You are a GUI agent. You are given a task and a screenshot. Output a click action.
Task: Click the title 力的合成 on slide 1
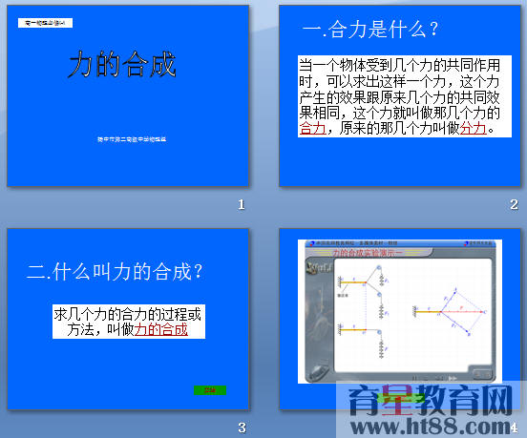(x=122, y=64)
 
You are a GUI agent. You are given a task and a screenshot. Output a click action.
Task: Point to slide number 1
(x=242, y=204)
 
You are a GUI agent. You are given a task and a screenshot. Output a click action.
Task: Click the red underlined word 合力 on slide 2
(x=313, y=129)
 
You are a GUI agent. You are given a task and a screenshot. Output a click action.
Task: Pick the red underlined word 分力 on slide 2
(x=474, y=129)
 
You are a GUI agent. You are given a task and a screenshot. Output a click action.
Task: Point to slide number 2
(x=514, y=204)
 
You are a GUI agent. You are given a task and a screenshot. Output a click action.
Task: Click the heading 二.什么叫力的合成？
(x=115, y=271)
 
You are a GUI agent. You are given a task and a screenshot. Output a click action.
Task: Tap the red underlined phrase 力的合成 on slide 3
(x=160, y=329)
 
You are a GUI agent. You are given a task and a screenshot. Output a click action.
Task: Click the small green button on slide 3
(x=206, y=389)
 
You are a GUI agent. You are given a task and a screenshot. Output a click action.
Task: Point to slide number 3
(x=242, y=427)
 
